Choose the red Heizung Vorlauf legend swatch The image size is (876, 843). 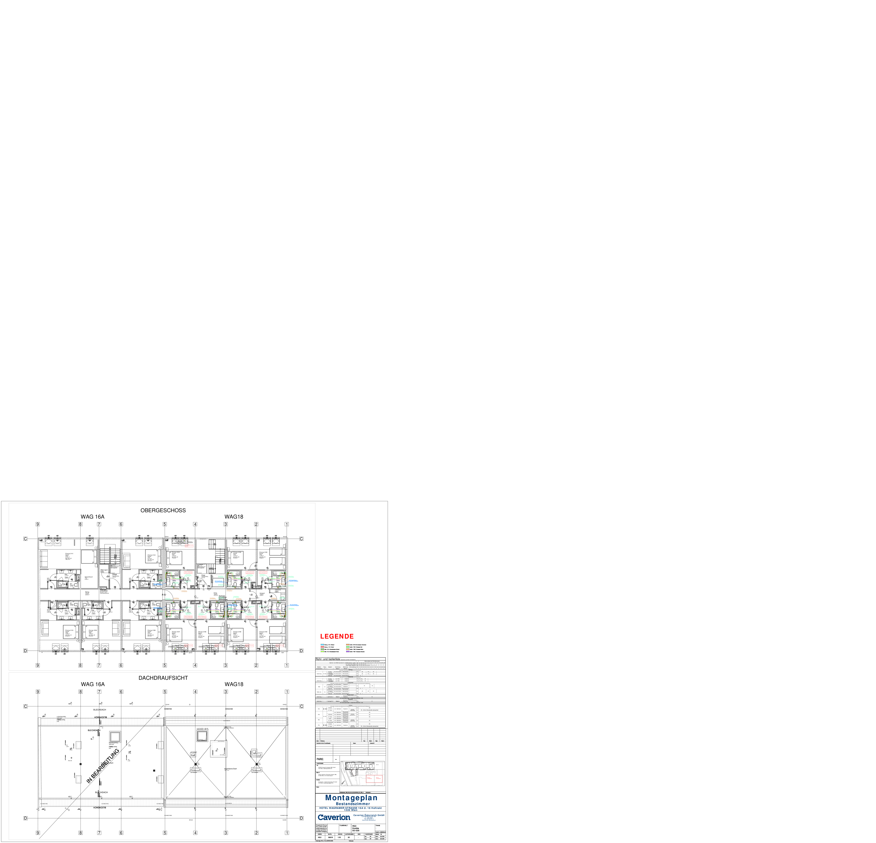coord(322,647)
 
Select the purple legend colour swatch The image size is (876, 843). coord(348,652)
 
